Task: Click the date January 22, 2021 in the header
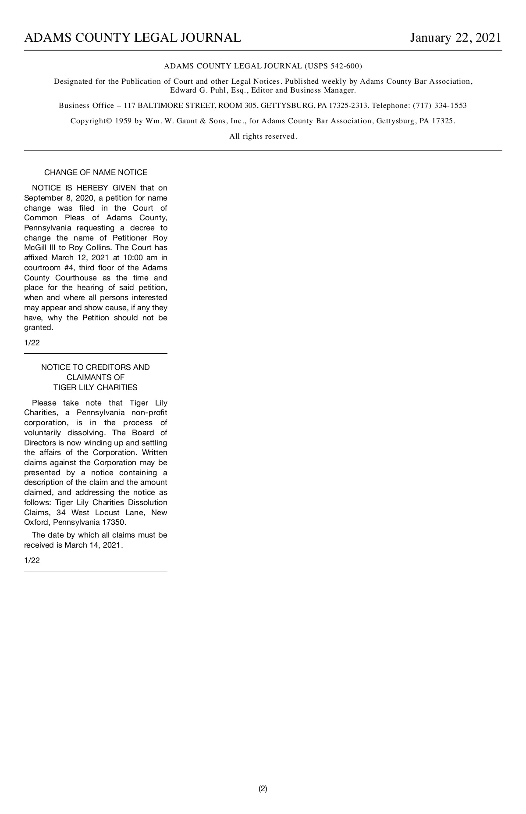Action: [455, 38]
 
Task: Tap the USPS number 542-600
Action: [345, 66]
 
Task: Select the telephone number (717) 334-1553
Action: [440, 106]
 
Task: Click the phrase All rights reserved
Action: [263, 136]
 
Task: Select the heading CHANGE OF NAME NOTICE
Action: [96, 172]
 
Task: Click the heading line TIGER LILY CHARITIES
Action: [96, 387]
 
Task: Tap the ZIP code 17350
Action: [114, 522]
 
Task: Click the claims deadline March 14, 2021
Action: [93, 545]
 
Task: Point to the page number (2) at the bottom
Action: [263, 789]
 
